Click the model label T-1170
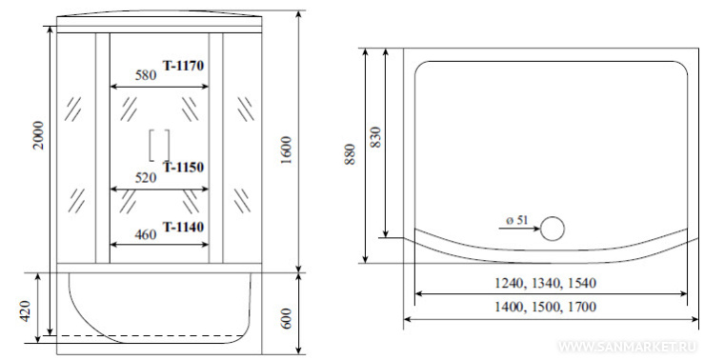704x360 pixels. (x=183, y=66)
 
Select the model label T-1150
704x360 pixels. (x=183, y=167)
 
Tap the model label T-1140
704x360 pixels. (x=183, y=227)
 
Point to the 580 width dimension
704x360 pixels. (x=146, y=74)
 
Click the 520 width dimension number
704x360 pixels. (x=146, y=178)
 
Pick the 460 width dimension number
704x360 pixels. (x=146, y=234)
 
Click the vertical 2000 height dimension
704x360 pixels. (x=39, y=135)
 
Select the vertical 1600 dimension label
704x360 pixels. (x=286, y=150)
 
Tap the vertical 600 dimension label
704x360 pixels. (x=288, y=319)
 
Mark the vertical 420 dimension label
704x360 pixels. (x=25, y=310)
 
